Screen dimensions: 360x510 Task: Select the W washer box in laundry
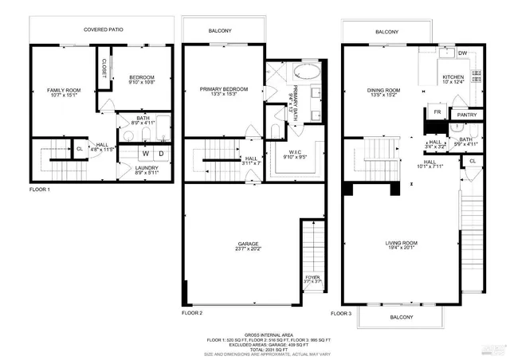coord(146,153)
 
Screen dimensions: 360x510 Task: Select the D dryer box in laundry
coord(160,153)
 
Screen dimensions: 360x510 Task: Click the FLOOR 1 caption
coord(39,190)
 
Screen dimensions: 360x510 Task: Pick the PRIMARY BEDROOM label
coord(224,89)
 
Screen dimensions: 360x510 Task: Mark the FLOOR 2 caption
coord(192,313)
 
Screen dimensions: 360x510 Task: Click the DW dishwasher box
coord(462,53)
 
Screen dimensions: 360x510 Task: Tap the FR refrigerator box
coord(437,113)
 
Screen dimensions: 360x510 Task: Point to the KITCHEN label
coord(453,78)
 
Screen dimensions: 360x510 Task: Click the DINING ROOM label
coord(383,92)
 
